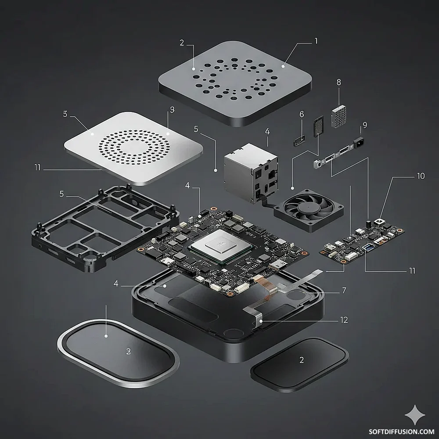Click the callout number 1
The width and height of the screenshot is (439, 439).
pyautogui.click(x=316, y=41)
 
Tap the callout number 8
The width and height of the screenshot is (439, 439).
pyautogui.click(x=339, y=83)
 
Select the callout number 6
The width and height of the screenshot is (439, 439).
pyautogui.click(x=302, y=114)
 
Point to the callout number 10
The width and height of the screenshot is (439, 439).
pyautogui.click(x=421, y=176)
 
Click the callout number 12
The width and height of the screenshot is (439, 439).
pyautogui.click(x=344, y=320)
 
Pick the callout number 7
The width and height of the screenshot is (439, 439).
pyautogui.click(x=344, y=290)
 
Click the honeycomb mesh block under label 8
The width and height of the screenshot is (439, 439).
pyautogui.click(x=339, y=116)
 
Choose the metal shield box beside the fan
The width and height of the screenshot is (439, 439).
pyautogui.click(x=251, y=173)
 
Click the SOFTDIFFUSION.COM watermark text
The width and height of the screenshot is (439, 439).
pyautogui.click(x=402, y=432)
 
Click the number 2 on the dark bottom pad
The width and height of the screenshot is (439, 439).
pyautogui.click(x=302, y=360)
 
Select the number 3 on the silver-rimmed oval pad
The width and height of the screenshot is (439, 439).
pyautogui.click(x=129, y=352)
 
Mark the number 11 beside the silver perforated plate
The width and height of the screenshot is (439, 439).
pyautogui.click(x=37, y=167)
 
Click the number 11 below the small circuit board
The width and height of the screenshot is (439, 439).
pyautogui.click(x=412, y=271)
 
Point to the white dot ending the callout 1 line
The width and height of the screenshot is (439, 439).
pyautogui.click(x=283, y=66)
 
